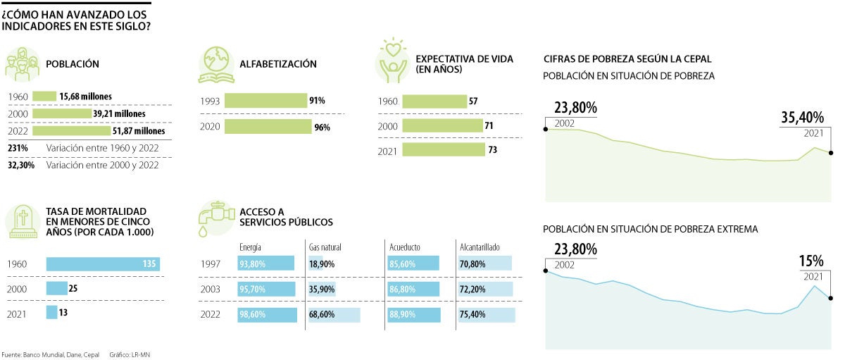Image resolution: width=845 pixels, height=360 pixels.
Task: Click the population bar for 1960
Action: [x=44, y=97]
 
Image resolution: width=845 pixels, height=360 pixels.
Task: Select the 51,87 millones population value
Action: [x=139, y=131]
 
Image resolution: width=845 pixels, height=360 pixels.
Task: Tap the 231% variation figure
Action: [x=18, y=148]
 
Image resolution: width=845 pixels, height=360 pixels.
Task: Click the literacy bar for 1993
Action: [x=265, y=101]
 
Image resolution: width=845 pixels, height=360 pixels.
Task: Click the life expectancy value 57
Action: [x=473, y=101]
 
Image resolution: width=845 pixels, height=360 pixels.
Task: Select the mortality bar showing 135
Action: [x=103, y=264]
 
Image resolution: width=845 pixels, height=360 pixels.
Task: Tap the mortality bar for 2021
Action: [x=51, y=311]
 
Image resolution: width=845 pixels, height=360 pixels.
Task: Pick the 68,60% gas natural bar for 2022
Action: [x=334, y=314]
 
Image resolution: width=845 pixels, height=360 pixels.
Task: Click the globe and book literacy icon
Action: [x=216, y=65]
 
